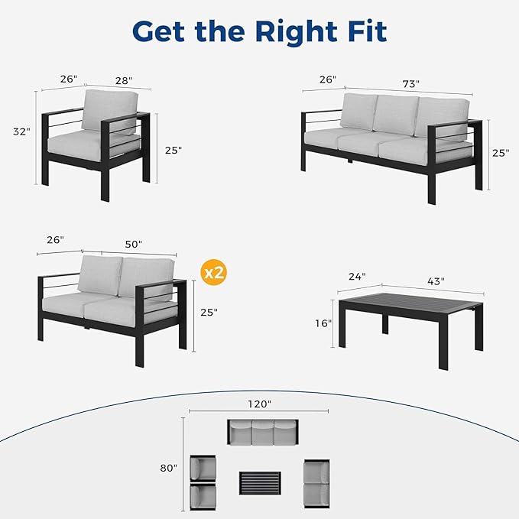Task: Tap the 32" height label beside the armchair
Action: (x=22, y=131)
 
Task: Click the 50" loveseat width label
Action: (x=134, y=244)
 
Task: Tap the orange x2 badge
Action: (x=213, y=271)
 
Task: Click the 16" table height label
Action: (x=324, y=323)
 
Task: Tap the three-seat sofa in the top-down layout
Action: (x=261, y=433)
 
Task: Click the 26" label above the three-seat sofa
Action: (x=327, y=79)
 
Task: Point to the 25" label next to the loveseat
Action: (x=208, y=312)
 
